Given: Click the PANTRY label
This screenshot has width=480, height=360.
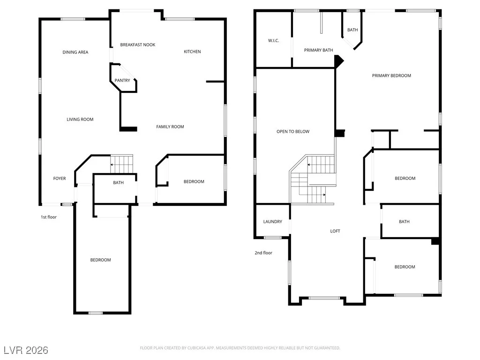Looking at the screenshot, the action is [122, 81].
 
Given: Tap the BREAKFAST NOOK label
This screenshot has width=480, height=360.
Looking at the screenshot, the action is [138, 45].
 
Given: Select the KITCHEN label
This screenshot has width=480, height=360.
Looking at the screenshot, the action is [192, 52].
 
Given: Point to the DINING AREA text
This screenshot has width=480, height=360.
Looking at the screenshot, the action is [75, 52].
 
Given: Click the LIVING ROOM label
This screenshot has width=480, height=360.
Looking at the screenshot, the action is [80, 120].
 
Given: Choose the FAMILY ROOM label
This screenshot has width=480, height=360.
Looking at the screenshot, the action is [170, 127].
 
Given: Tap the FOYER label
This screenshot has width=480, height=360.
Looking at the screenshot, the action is [60, 179].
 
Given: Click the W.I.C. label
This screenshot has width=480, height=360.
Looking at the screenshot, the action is [273, 41].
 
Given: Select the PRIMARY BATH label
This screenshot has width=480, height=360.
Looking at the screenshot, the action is [318, 50].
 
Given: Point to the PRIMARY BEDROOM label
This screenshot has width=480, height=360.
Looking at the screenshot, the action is [391, 75].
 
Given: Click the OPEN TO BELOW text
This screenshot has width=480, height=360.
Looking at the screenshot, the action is [293, 132].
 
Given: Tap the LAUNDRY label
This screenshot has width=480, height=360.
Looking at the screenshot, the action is [272, 222].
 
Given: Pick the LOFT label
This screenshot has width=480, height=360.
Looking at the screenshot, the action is [335, 231].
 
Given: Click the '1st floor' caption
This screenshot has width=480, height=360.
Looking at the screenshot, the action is [49, 217].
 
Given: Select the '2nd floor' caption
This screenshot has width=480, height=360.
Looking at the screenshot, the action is [263, 253].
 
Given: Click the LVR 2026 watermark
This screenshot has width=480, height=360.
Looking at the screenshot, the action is [26, 350].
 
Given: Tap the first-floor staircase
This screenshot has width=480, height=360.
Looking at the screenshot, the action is [121, 164].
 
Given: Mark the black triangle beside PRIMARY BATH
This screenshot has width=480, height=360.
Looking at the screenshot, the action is [339, 61].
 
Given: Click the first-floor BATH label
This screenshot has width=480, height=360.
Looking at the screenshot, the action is [118, 183].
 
